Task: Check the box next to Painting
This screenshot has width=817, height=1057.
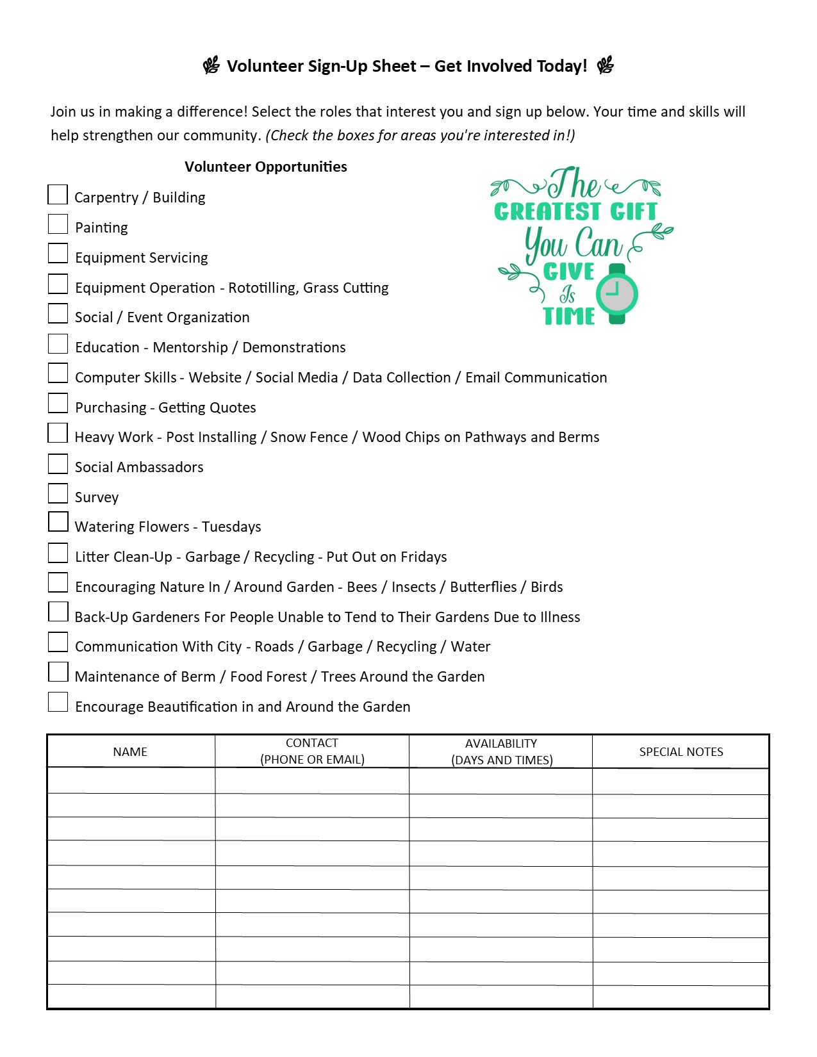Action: (58, 224)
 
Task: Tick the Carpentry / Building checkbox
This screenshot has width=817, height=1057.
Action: (58, 195)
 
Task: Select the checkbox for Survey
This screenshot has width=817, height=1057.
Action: (58, 494)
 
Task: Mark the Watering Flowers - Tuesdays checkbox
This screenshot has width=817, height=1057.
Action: (58, 522)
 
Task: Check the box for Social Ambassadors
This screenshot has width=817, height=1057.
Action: (58, 464)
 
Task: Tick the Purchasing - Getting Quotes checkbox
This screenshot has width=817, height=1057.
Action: (58, 404)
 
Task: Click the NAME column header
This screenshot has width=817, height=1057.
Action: (130, 752)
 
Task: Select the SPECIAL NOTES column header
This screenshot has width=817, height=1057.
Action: (681, 752)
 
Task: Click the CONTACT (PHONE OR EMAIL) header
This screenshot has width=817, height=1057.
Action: (312, 751)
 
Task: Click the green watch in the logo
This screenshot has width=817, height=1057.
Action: (617, 294)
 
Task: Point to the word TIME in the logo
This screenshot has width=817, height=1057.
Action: (569, 316)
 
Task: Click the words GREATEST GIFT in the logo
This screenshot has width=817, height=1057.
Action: (575, 211)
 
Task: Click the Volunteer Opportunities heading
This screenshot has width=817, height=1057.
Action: (265, 167)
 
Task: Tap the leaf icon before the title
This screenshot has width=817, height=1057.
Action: (211, 65)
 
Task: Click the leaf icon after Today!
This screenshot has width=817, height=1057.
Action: (606, 65)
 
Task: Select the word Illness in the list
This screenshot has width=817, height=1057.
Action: (560, 618)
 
